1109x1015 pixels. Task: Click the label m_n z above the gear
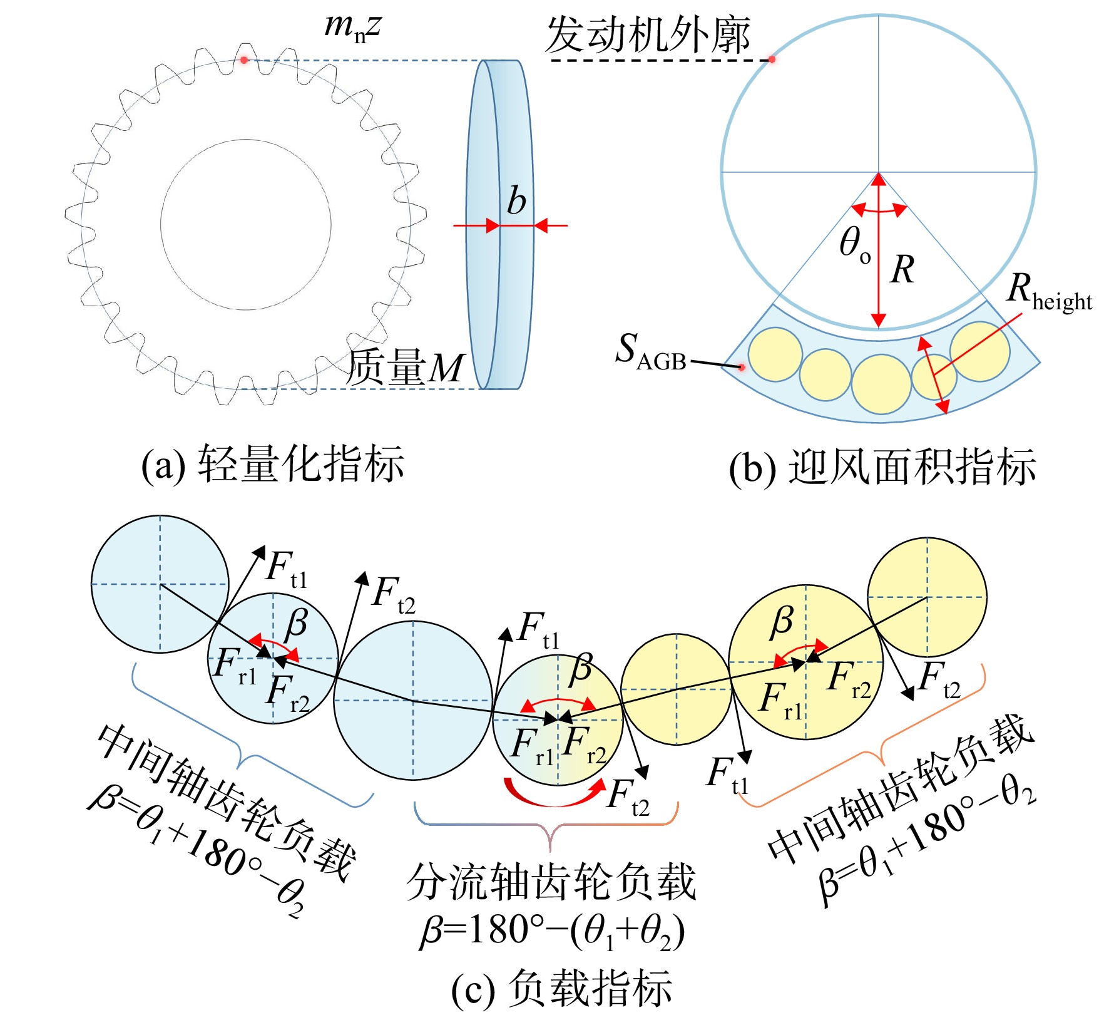tap(352, 28)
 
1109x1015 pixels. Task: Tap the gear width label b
tap(516, 201)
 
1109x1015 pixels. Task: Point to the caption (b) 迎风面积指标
tap(882, 466)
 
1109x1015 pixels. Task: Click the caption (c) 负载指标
tap(561, 989)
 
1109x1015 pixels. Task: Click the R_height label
tap(1049, 293)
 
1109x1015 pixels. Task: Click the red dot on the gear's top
tap(244, 60)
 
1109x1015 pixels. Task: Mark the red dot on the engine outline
tap(772, 59)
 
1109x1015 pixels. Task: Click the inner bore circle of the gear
tap(246, 140)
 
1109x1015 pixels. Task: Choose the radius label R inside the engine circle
tap(902, 270)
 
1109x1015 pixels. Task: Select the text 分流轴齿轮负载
tap(551, 882)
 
